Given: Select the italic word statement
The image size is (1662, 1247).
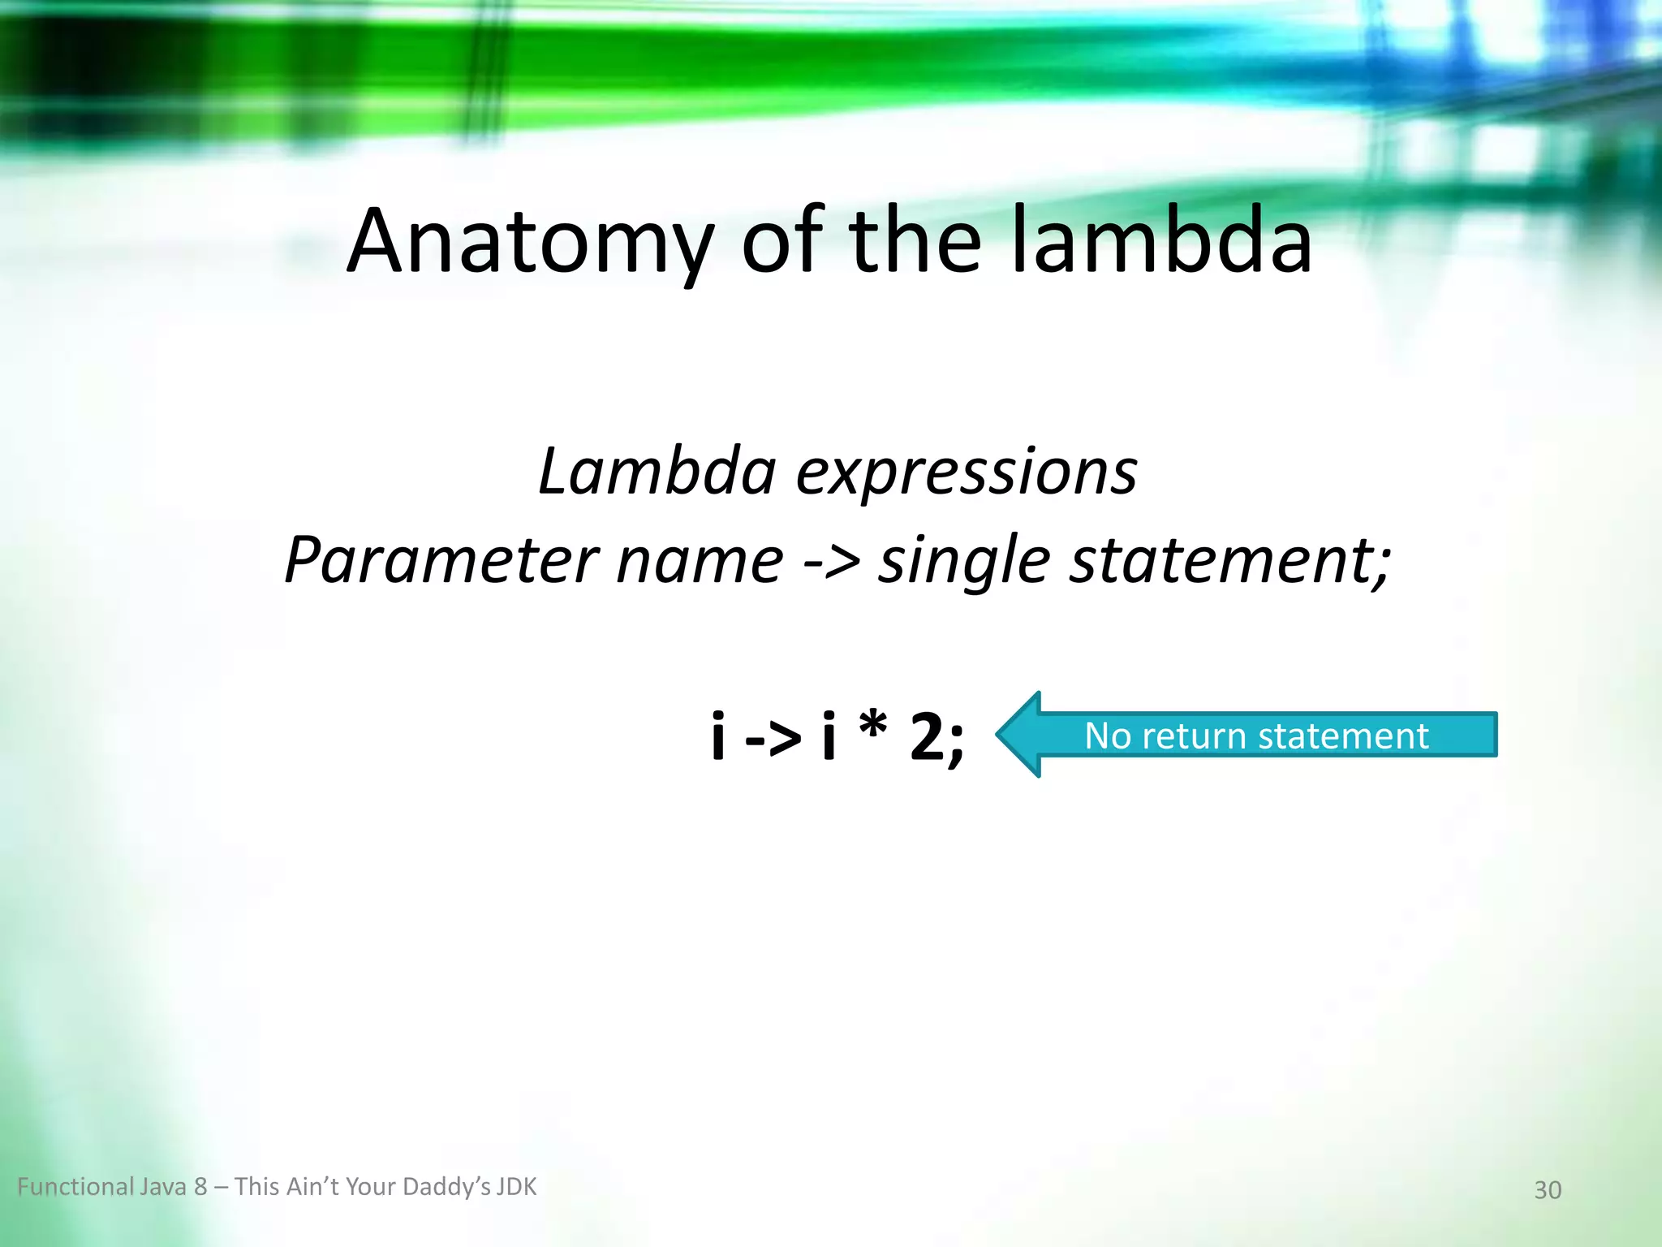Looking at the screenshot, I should [x=1225, y=560].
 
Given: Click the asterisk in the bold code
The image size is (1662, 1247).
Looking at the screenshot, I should [x=872, y=726].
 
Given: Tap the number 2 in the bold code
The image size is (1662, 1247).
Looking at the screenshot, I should [x=928, y=737].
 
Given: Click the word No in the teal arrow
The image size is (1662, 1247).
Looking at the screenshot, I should [x=1108, y=736].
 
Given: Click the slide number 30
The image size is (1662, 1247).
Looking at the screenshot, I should [x=1548, y=1190].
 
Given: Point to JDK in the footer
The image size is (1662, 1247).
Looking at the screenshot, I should [x=516, y=1187].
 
